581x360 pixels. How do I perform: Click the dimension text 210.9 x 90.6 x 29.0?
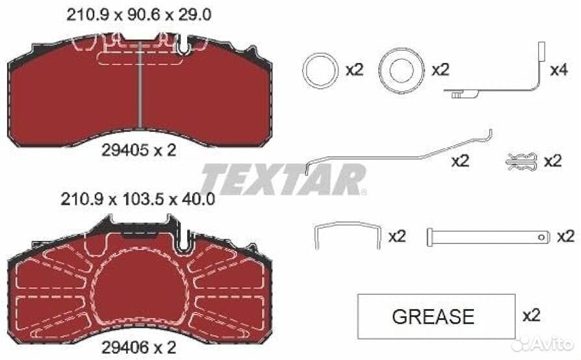pos(139,15)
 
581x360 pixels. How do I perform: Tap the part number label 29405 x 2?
pos(139,150)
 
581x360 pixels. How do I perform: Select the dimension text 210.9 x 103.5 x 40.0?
pos(138,199)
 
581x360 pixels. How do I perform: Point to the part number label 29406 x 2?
pos(139,348)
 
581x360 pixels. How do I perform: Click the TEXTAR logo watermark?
pos(284,179)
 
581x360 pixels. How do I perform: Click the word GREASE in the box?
pos(433,316)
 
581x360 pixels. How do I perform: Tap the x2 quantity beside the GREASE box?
pos(532,315)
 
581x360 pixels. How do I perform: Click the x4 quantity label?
pos(559,70)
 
